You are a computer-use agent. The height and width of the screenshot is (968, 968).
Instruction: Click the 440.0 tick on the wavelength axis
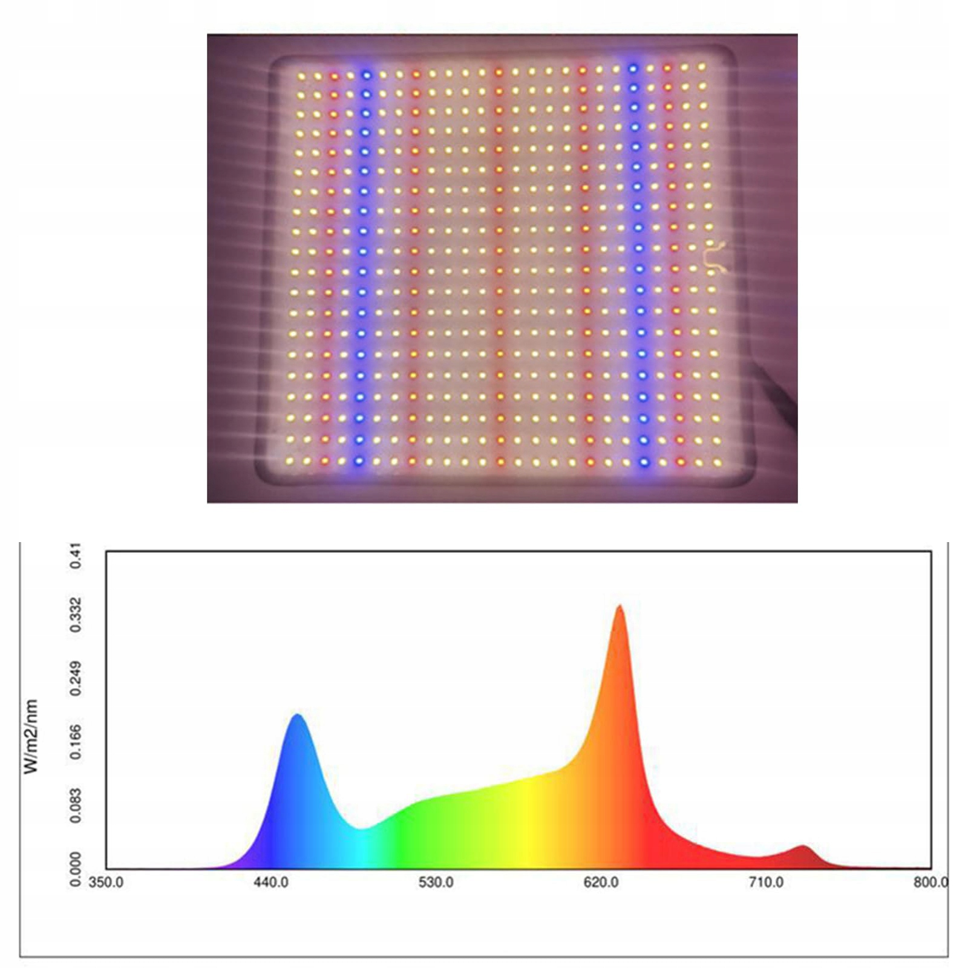click(x=270, y=883)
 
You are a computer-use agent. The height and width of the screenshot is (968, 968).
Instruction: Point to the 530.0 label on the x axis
click(x=436, y=883)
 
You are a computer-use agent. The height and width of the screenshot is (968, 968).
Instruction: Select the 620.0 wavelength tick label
click(x=601, y=883)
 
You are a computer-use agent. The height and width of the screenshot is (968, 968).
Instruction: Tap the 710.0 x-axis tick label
click(x=766, y=883)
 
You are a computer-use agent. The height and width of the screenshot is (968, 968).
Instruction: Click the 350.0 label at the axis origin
click(x=106, y=883)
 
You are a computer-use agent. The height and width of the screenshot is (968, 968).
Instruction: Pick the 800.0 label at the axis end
click(x=930, y=883)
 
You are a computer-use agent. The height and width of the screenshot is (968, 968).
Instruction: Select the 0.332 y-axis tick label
click(x=76, y=614)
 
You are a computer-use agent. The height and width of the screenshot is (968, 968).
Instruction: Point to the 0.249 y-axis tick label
click(x=76, y=679)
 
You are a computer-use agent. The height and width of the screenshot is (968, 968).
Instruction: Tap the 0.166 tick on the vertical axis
click(x=76, y=742)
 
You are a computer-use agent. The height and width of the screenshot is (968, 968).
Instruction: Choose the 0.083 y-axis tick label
click(x=76, y=805)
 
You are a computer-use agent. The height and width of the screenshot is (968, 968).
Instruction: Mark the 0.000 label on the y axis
click(x=76, y=869)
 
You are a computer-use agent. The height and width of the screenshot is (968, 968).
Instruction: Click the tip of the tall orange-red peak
click(x=620, y=606)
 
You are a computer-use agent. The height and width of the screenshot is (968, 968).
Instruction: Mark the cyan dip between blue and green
click(x=361, y=829)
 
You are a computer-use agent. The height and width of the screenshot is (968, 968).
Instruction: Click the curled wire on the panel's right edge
click(x=715, y=257)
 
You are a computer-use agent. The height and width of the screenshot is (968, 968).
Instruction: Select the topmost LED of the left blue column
click(x=366, y=75)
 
